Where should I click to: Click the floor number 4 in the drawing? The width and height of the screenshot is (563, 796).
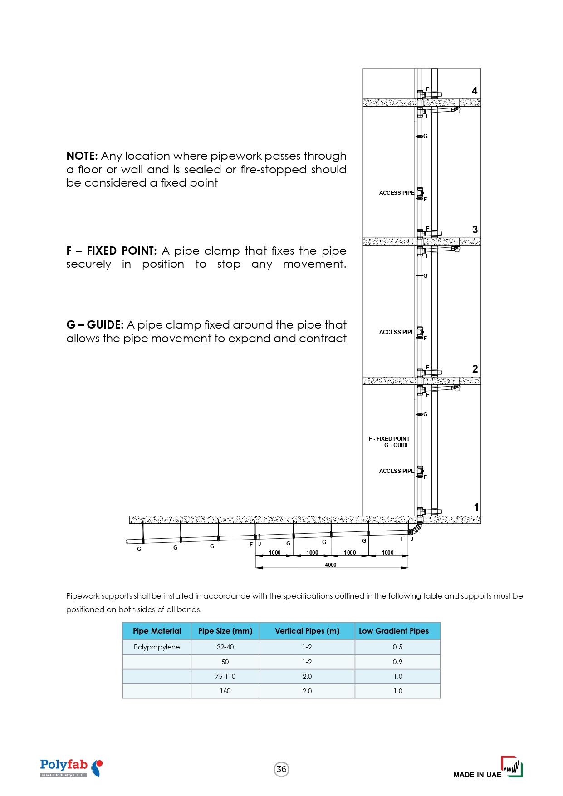click(x=475, y=91)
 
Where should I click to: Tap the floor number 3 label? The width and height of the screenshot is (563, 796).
click(x=475, y=230)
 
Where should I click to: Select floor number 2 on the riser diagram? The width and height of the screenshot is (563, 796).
click(x=475, y=369)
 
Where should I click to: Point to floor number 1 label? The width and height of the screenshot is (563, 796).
click(x=476, y=507)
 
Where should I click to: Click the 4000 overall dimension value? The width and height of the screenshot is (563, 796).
click(x=331, y=565)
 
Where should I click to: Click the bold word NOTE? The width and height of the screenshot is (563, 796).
click(x=82, y=156)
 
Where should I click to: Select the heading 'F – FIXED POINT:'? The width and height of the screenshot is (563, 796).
click(x=112, y=251)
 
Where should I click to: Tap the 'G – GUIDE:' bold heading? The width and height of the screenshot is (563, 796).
click(x=95, y=325)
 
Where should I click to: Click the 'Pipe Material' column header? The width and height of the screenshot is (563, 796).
click(x=157, y=631)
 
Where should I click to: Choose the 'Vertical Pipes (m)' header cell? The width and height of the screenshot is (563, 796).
click(x=307, y=631)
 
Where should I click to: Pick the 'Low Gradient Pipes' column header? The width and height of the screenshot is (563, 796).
click(x=394, y=631)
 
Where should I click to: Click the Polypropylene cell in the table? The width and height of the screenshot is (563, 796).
click(x=157, y=647)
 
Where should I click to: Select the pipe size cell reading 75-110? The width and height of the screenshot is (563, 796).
click(x=225, y=677)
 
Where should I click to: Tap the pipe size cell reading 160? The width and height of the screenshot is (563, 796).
click(x=225, y=691)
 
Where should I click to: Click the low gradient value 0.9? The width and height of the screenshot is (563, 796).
click(x=397, y=662)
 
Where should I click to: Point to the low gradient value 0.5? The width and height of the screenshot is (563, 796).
click(x=397, y=647)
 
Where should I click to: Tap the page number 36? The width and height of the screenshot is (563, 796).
click(x=282, y=769)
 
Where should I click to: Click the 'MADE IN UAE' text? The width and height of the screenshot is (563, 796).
click(x=477, y=775)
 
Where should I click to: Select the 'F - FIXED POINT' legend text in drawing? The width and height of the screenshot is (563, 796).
click(x=389, y=439)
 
